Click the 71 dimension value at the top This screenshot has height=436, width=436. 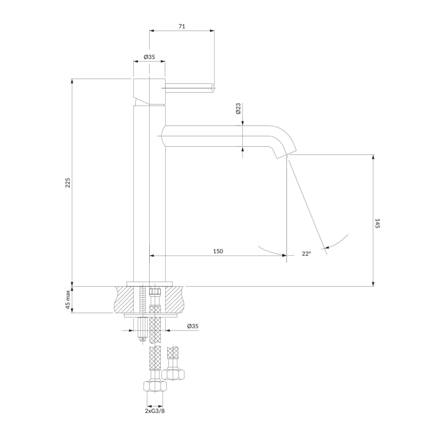(182, 27)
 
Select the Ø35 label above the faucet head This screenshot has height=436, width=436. (149, 57)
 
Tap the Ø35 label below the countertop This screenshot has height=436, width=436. (193, 326)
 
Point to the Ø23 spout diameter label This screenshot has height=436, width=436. (239, 109)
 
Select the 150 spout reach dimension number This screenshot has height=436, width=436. (217, 251)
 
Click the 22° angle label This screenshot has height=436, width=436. (306, 254)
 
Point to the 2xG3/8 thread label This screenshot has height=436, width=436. (154, 411)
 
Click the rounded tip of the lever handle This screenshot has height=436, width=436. (212, 89)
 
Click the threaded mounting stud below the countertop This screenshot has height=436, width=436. (143, 329)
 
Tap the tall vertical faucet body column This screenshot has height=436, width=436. (149, 191)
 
